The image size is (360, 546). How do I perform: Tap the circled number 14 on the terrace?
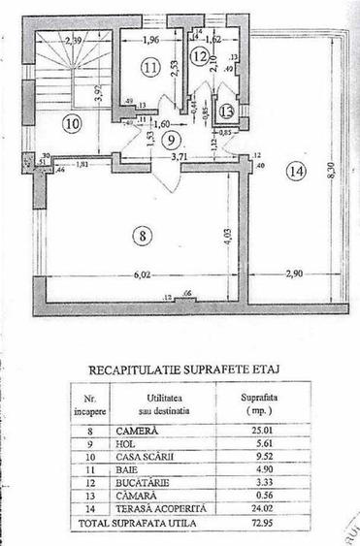[x=296, y=172]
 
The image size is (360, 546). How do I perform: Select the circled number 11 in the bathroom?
[x=148, y=68]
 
